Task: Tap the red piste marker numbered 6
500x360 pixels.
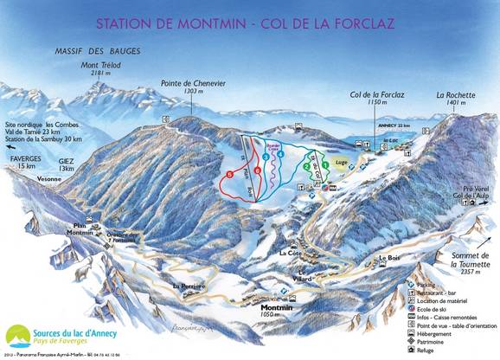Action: (229, 174)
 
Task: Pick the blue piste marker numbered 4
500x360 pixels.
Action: (280, 155)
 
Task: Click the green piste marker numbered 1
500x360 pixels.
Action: (325, 164)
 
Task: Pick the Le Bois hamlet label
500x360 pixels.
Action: (390, 258)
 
